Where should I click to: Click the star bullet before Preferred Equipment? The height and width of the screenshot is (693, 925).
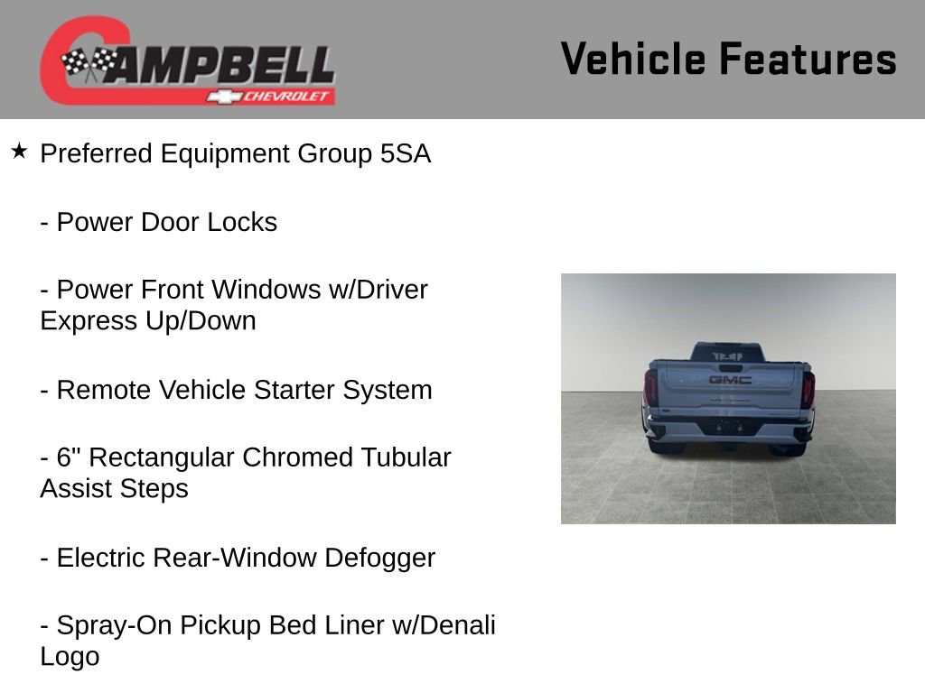19,151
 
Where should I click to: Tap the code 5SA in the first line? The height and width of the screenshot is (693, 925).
406,154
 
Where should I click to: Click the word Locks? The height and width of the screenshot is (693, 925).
242,223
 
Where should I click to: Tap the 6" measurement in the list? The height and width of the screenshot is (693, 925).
68,457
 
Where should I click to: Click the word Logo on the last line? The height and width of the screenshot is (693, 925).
70,657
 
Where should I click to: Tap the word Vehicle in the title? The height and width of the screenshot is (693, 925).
633,60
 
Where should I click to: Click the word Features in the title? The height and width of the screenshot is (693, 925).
808,60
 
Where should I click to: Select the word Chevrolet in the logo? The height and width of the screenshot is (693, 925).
287,97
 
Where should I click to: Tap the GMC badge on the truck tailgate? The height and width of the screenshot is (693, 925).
729,380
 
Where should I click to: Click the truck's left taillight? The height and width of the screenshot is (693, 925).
650,388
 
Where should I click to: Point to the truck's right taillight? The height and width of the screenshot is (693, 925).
808,389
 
